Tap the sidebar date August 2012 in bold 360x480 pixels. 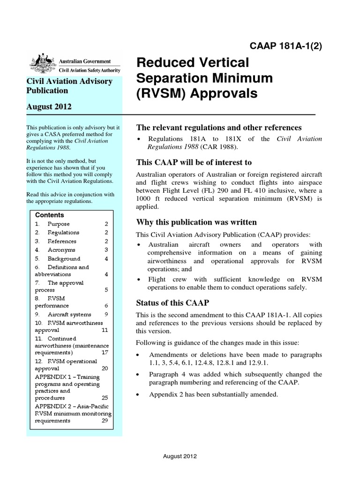pyautogui.click(x=49, y=106)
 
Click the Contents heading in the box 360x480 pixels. pyautogui.click(x=50, y=215)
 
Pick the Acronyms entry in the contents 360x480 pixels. pyautogui.click(x=61, y=250)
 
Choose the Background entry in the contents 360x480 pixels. pyautogui.click(x=64, y=258)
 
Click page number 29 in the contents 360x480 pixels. pyautogui.click(x=105, y=420)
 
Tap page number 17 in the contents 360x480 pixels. pyautogui.click(x=105, y=352)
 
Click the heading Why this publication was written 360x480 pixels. pyautogui.click(x=196, y=222)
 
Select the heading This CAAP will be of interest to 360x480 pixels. pyautogui.click(x=194, y=162)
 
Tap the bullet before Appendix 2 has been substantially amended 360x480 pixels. pyautogui.click(x=138, y=395)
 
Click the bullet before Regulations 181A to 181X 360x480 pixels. pyautogui.click(x=138, y=139)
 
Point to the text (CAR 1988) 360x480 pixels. pyautogui.click(x=221, y=147)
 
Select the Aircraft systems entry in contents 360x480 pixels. pyautogui.click(x=69, y=315)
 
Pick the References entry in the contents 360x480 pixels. pyautogui.click(x=62, y=241)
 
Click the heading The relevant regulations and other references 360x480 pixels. pyautogui.click(x=218, y=127)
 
